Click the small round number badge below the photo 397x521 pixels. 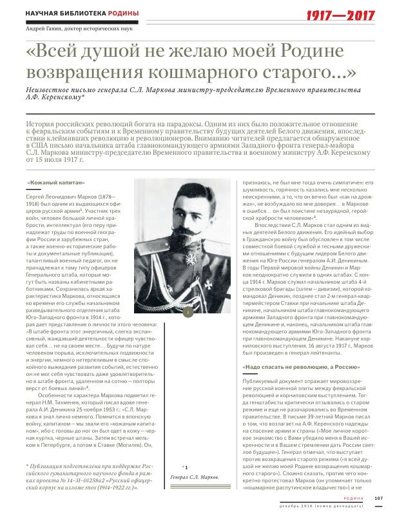[186, 312]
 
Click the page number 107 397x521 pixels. [378, 496]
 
